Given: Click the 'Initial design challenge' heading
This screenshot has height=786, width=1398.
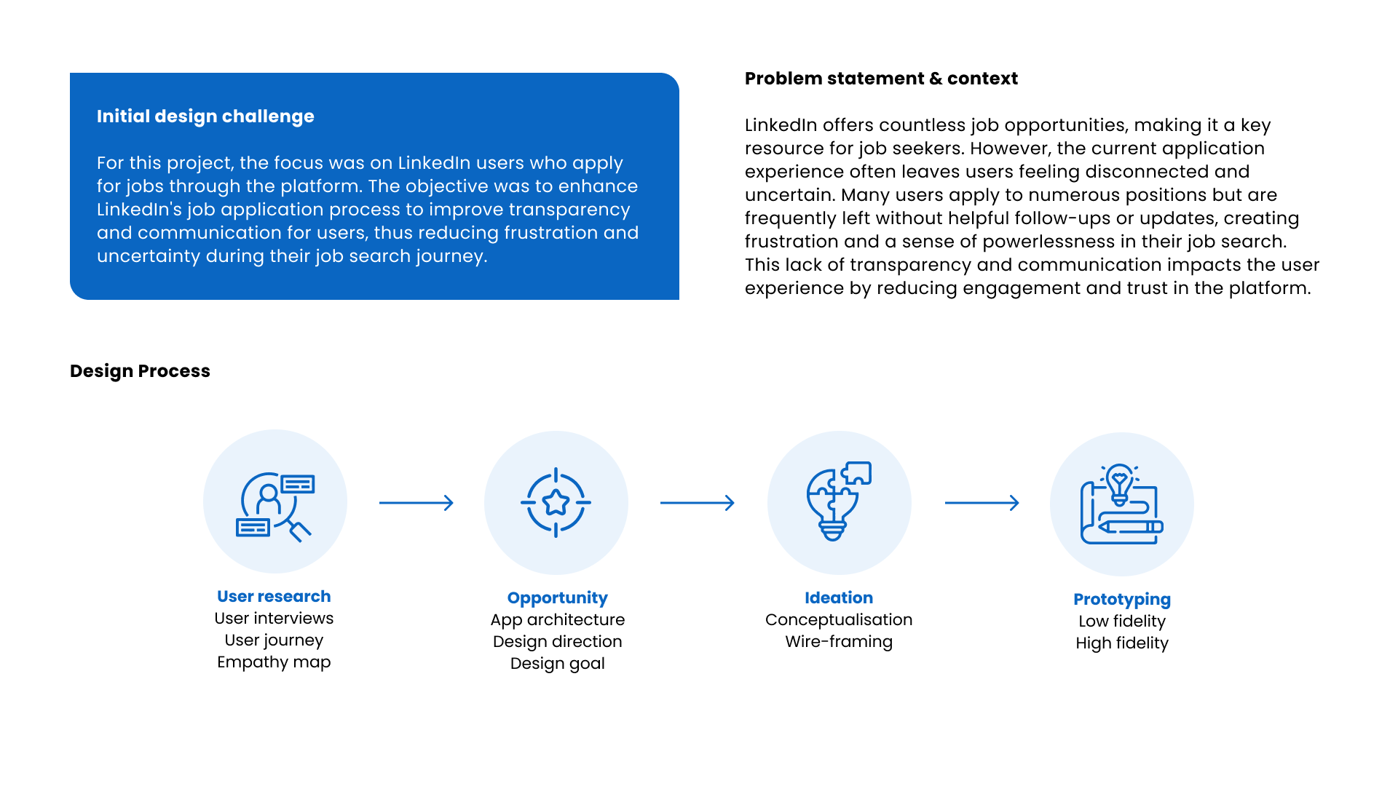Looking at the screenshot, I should click(205, 116).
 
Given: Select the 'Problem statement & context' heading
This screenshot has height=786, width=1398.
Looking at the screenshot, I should click(881, 79).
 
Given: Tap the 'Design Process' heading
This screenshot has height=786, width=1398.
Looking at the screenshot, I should click(140, 371).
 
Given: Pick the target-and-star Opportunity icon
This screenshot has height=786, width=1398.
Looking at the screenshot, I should click(556, 503).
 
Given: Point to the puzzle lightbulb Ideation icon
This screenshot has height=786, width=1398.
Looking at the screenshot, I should click(839, 501).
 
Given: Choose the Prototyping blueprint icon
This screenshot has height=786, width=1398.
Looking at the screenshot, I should click(1121, 504).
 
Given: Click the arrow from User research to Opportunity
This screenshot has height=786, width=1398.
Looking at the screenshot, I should click(416, 503).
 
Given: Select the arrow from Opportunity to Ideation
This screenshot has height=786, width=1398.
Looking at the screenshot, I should click(698, 503).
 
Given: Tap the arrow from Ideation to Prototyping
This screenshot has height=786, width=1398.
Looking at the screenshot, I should click(982, 503).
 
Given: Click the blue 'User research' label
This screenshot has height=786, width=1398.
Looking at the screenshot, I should click(274, 597).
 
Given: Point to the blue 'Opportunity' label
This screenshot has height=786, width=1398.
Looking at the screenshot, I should click(557, 598).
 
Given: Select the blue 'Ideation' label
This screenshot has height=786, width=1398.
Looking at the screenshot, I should click(839, 598).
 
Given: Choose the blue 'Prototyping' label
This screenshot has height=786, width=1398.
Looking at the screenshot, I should click(1122, 600).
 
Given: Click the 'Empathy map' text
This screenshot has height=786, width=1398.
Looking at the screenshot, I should click(274, 662).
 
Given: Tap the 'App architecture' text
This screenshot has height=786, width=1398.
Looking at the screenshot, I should click(557, 620).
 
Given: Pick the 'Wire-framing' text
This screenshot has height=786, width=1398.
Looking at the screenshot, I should click(839, 642).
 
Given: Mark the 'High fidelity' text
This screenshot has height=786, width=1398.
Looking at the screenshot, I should click(1122, 643).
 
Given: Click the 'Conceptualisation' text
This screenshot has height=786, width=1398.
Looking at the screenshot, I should click(839, 620).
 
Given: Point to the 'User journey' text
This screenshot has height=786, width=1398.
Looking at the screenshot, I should click(274, 640).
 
